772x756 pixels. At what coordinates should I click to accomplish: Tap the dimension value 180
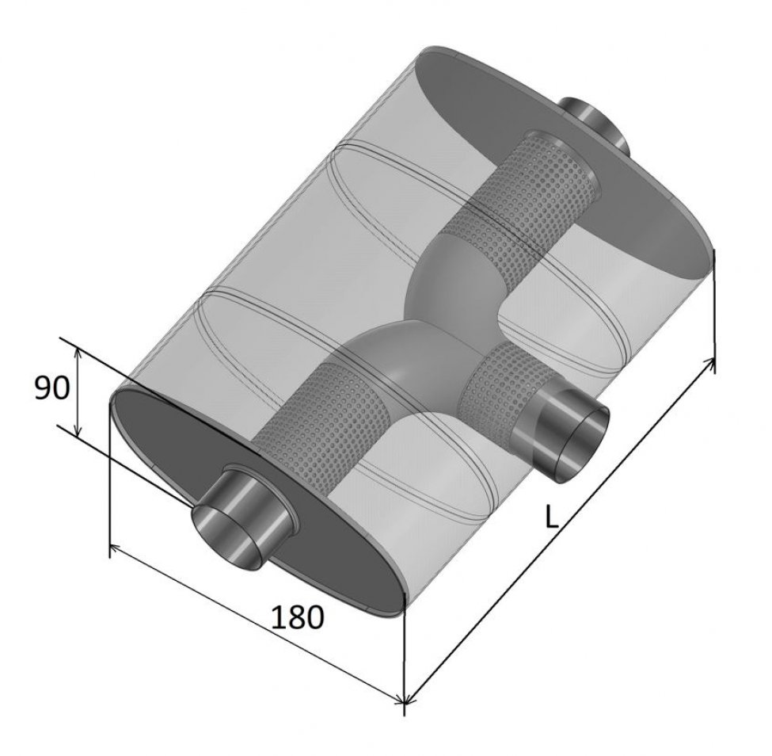298,618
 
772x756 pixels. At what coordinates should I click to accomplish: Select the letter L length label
552,517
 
